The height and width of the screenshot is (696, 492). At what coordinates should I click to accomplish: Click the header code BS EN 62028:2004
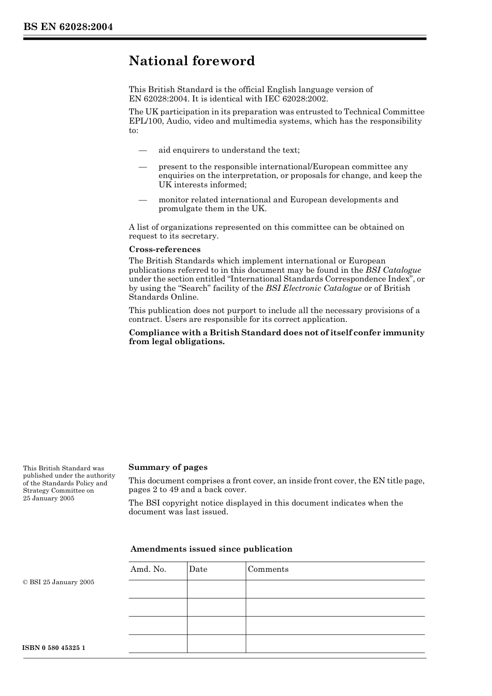68,27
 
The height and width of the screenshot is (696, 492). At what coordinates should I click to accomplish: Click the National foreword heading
192,61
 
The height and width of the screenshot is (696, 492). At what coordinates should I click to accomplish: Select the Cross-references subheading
164,249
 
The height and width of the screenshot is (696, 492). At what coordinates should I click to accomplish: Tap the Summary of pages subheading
168,467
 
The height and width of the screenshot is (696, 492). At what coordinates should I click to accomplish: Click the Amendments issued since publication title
211,549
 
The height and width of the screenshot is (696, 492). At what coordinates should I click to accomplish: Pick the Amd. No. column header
148,569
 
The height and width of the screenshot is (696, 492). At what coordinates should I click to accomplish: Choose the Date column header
198,569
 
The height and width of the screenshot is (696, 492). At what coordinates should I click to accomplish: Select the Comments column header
268,569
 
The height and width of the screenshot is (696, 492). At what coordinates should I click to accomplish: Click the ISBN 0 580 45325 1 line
54,648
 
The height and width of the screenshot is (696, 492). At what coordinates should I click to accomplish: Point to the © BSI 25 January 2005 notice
59,582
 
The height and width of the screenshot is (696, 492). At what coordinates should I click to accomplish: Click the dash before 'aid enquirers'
142,151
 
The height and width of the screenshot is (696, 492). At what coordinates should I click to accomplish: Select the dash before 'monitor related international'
142,200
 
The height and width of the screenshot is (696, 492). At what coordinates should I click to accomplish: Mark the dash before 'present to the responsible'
142,167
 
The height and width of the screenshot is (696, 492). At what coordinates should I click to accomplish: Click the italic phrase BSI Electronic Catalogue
313,288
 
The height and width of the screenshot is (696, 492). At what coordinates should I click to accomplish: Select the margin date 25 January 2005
49,498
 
